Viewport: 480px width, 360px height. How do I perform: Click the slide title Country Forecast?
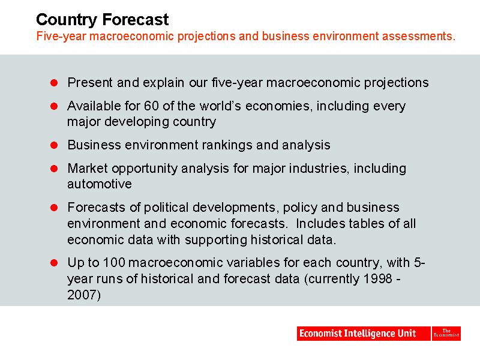coord(102,20)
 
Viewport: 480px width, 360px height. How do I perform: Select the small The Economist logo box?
coord(446,334)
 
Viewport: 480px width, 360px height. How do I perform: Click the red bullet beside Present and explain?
coord(54,83)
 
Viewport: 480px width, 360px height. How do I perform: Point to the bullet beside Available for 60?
coord(54,106)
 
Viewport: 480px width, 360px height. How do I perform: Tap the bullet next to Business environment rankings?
coord(54,145)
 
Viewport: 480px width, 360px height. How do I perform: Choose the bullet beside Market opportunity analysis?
coord(54,169)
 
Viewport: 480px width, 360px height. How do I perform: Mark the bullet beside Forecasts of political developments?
coord(54,208)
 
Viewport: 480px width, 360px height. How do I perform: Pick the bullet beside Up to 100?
coord(54,263)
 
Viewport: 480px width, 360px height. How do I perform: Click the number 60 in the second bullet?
coord(151,106)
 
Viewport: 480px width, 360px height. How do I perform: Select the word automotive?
coord(100,184)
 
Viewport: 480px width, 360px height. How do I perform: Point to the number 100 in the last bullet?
coord(114,263)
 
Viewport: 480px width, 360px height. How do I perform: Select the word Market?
coord(88,169)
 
